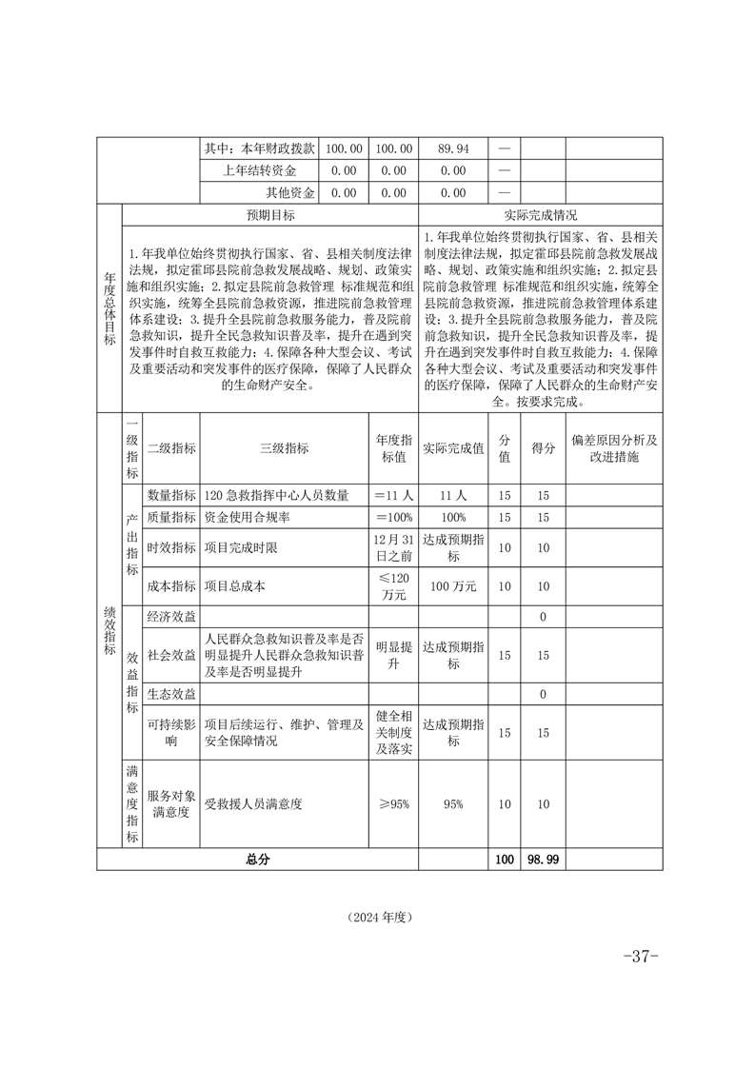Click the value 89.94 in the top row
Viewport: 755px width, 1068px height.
(453, 148)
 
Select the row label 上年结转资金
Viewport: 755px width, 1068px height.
(260, 170)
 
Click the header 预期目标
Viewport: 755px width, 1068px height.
(270, 215)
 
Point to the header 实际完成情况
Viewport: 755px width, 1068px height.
(540, 215)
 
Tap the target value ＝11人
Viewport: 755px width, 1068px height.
(394, 495)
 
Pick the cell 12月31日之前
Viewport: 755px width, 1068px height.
(394, 547)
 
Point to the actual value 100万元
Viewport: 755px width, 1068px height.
(453, 586)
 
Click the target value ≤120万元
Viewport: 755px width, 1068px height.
(394, 586)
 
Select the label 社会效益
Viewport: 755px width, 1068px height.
(171, 655)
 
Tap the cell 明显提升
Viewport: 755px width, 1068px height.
(394, 655)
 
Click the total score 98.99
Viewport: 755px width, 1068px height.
(543, 859)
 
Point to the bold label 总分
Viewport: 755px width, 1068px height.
(258, 859)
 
